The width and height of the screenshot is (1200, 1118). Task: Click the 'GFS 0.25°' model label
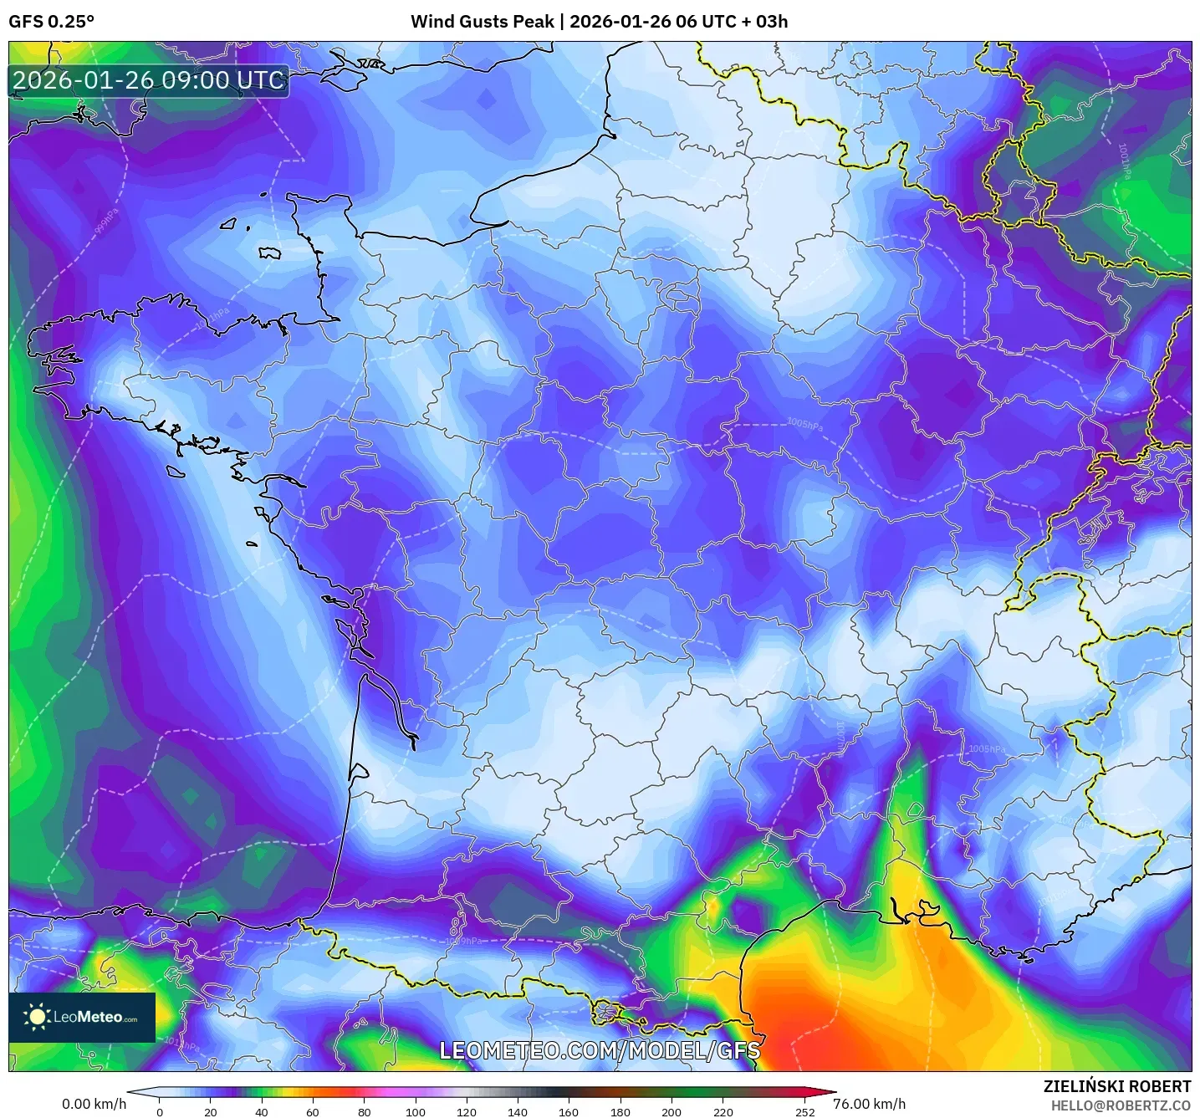pos(51,22)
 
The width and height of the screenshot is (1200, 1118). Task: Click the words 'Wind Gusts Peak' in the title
pos(482,22)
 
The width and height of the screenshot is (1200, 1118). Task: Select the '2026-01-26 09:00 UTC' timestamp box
pos(149,81)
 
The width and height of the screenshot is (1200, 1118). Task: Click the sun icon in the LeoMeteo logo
pos(37,1017)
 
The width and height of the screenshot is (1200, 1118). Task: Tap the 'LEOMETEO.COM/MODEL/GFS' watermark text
pos(600,1050)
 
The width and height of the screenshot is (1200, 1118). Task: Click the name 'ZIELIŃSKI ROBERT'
pos(1117,1086)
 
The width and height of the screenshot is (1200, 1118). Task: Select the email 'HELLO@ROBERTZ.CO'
pos(1121,1105)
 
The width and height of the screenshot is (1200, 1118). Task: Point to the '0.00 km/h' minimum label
pos(94,1104)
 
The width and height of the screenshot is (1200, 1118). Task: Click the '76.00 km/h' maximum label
pos(869,1104)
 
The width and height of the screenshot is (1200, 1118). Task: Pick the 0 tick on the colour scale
pos(160,1111)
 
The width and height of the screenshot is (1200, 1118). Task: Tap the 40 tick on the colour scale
pos(262,1111)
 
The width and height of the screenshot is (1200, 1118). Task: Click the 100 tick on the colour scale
pos(416,1111)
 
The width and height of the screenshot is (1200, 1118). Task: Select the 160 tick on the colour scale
pos(569,1111)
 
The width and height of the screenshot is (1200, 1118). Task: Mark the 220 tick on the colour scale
pos(723,1111)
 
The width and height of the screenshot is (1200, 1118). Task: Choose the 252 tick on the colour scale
pos(804,1111)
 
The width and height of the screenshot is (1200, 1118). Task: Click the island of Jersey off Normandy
pos(269,253)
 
